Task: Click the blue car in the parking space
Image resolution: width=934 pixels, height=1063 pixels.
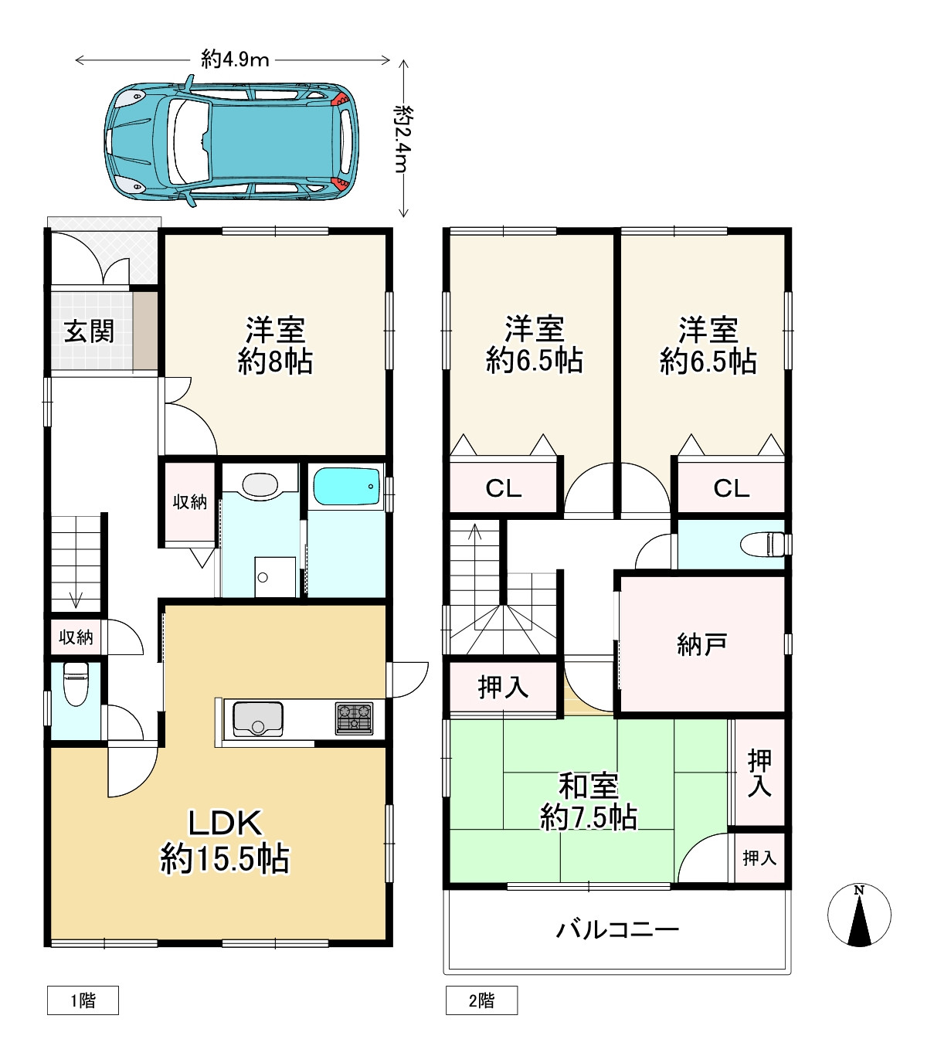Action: [x=232, y=141]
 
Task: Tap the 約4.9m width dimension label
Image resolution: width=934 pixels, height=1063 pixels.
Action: [x=235, y=59]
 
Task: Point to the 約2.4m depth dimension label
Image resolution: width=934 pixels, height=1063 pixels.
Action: [x=404, y=139]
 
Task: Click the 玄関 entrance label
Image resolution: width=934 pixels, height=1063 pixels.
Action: [x=89, y=331]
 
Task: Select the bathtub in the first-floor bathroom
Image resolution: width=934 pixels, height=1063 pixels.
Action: [x=346, y=487]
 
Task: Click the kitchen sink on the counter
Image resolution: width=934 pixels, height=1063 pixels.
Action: [x=257, y=718]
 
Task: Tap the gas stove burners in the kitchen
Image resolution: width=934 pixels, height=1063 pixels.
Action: [x=354, y=718]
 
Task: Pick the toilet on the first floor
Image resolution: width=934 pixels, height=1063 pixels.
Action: [x=76, y=684]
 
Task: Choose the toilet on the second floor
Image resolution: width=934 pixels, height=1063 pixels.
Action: [x=762, y=545]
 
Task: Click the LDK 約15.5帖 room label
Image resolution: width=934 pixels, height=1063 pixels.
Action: [x=225, y=841]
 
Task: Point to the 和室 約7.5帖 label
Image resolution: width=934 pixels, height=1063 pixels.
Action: [x=589, y=802]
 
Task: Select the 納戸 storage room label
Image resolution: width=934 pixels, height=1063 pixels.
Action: [x=701, y=645]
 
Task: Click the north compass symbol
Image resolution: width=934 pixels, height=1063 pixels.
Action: [x=859, y=915]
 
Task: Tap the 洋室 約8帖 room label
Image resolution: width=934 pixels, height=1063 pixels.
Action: [x=275, y=345]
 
